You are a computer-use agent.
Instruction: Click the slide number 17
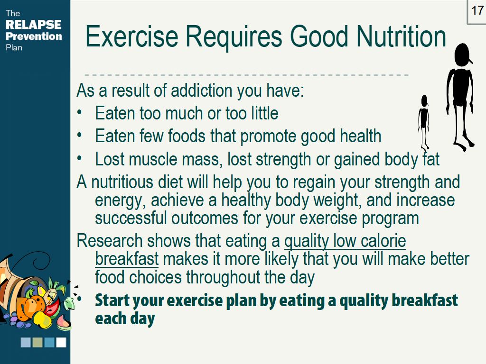click(477, 11)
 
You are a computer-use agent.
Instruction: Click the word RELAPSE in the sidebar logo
click(33, 25)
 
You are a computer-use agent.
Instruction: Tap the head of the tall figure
click(462, 55)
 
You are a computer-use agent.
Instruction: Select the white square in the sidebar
click(61, 342)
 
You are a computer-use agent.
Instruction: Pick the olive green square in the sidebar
click(37, 342)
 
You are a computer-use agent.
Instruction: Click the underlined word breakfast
click(127, 260)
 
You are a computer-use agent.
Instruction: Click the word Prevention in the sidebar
click(34, 36)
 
